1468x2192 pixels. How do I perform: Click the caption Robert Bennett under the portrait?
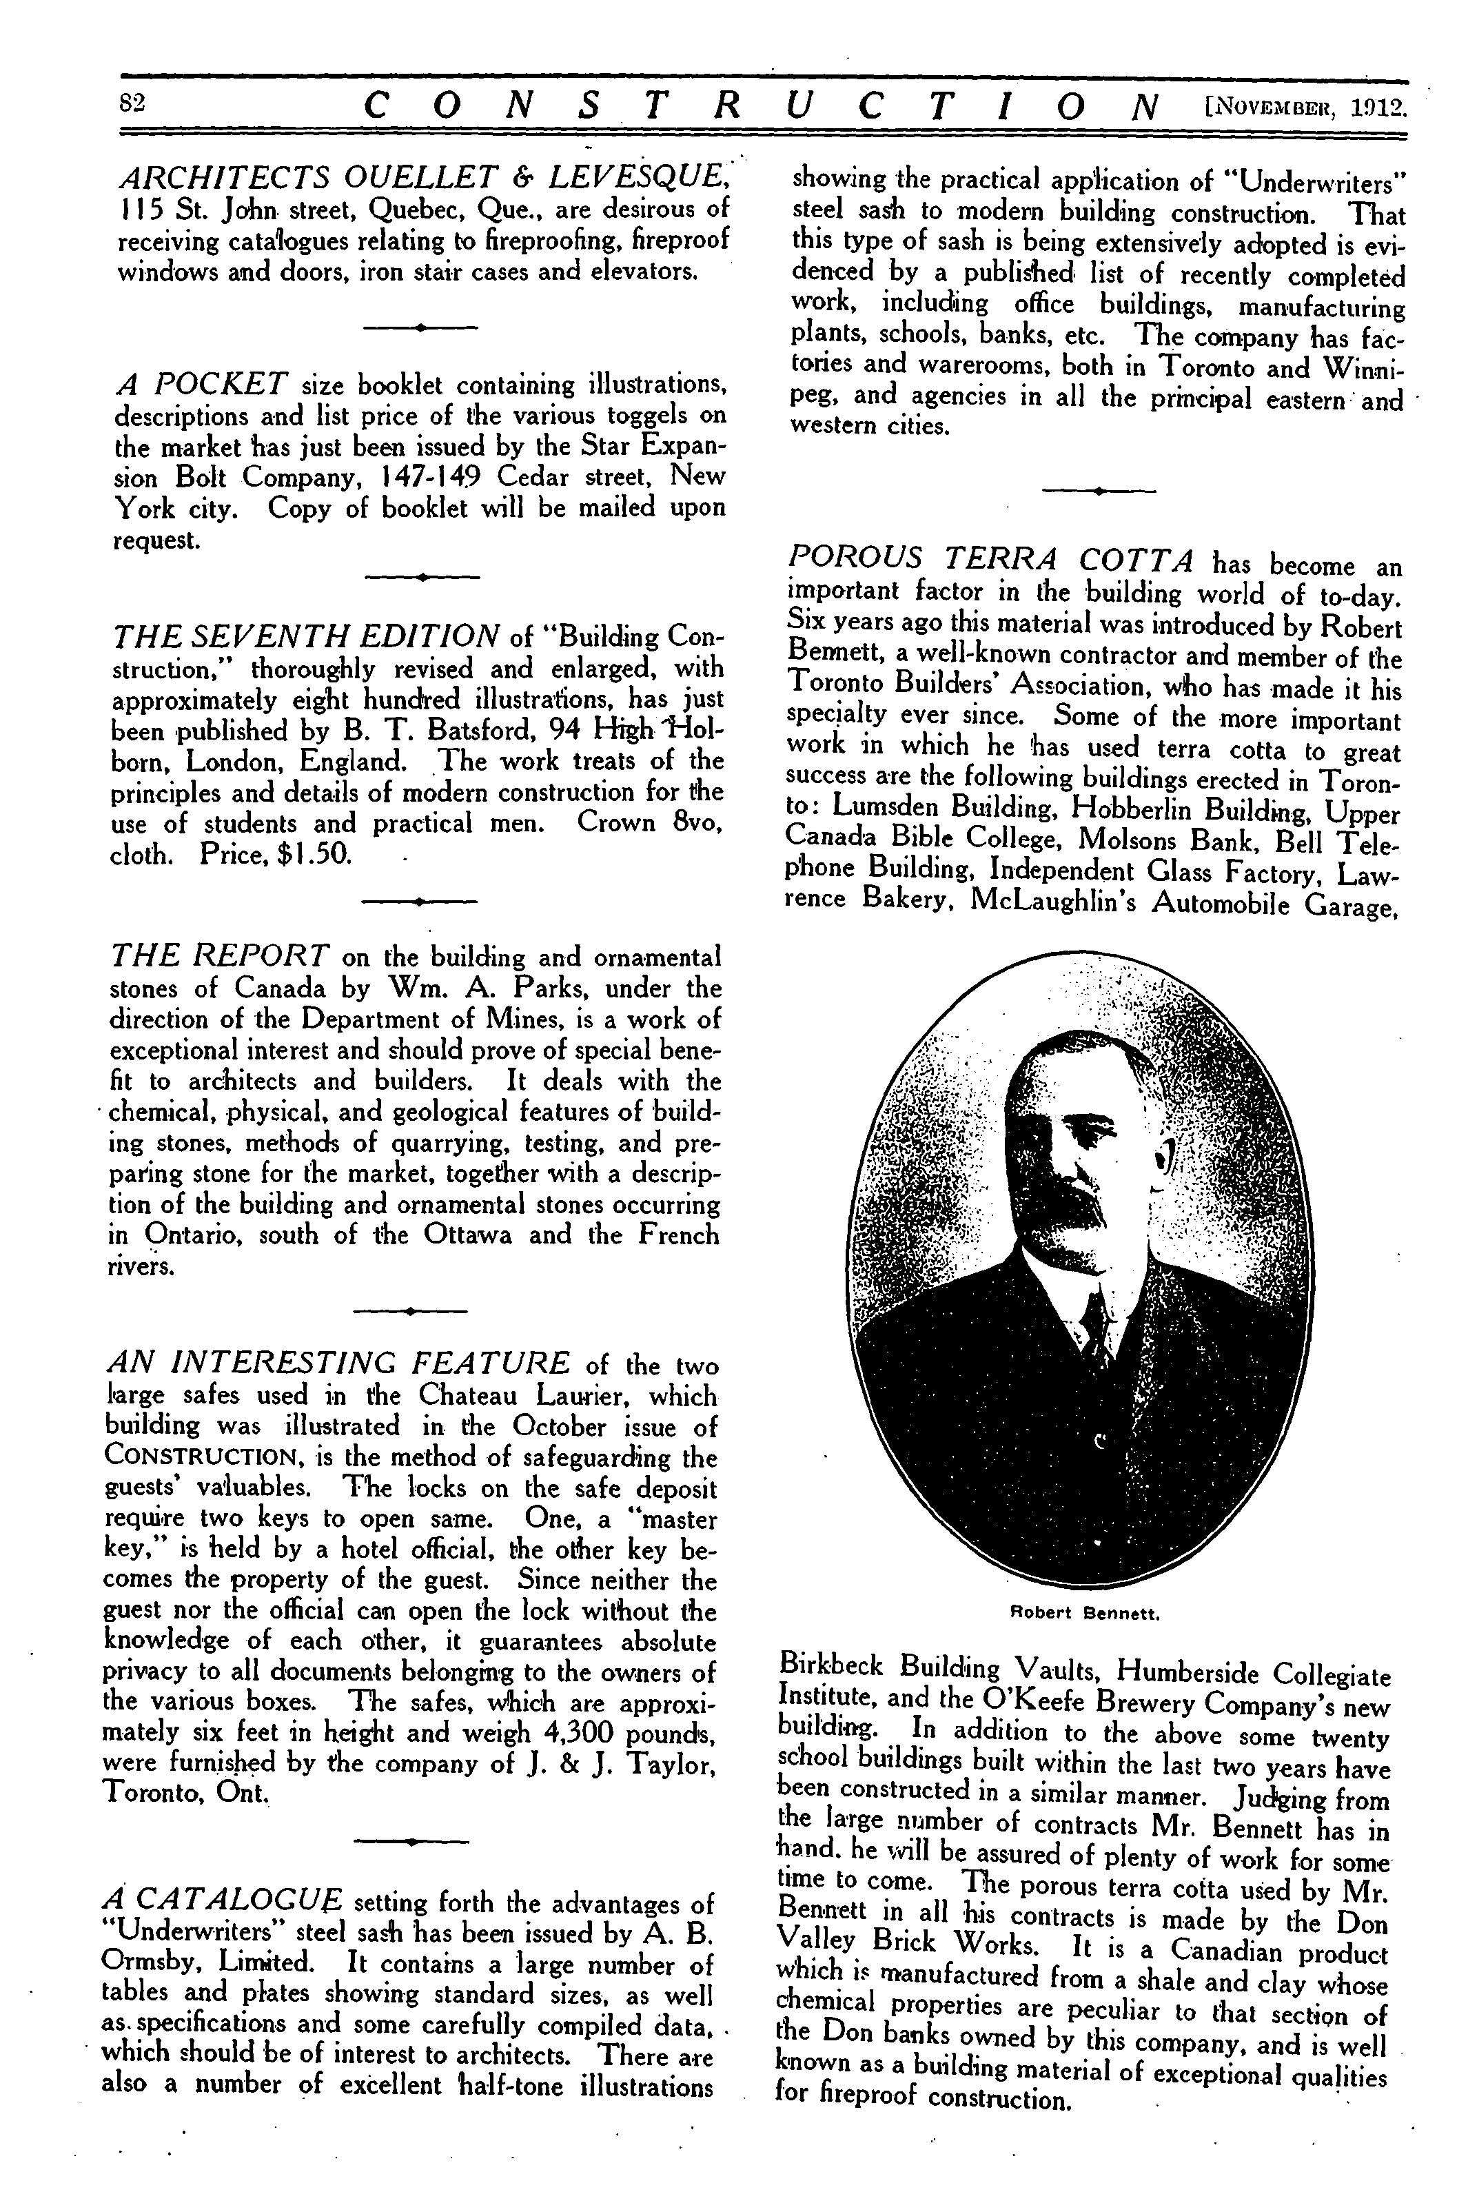point(1086,1614)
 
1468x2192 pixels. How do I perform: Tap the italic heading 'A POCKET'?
point(201,383)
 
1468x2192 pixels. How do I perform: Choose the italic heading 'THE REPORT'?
point(220,955)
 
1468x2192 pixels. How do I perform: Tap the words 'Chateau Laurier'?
point(514,1394)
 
